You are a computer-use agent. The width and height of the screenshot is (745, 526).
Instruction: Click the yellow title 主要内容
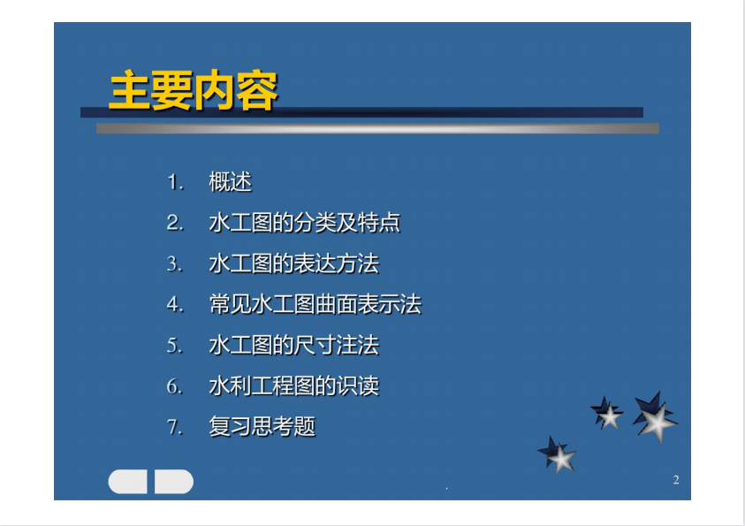tap(193, 90)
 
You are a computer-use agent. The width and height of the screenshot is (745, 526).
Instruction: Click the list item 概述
tap(230, 182)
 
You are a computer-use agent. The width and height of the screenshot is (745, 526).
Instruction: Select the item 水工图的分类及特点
tap(305, 223)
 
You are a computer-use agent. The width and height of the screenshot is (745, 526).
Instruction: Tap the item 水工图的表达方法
tap(294, 263)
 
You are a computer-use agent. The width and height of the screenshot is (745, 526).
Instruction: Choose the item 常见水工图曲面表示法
tap(315, 305)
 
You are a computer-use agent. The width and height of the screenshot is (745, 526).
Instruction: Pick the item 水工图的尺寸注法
tap(294, 346)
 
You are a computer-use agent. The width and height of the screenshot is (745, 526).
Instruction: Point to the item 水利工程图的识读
tap(294, 385)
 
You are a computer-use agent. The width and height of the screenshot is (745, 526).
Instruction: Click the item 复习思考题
tap(262, 427)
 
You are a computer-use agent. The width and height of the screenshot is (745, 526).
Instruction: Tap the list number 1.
tap(175, 182)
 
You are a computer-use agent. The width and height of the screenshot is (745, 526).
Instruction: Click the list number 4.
tap(175, 305)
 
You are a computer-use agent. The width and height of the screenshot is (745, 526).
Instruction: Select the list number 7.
tap(175, 427)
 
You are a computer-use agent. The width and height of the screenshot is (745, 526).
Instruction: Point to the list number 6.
tap(175, 386)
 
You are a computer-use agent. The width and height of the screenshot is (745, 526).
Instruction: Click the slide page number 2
tap(676, 480)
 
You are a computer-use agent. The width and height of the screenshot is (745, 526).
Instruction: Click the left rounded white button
tap(128, 481)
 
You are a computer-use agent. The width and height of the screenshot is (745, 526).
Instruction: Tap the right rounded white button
tap(174, 481)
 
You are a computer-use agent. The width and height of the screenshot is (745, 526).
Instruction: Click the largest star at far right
tap(655, 416)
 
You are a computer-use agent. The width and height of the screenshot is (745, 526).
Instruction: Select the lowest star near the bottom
tap(557, 454)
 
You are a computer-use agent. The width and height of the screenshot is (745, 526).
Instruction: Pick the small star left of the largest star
tap(607, 413)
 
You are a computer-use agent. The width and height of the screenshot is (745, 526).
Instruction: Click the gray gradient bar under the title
tap(377, 128)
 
